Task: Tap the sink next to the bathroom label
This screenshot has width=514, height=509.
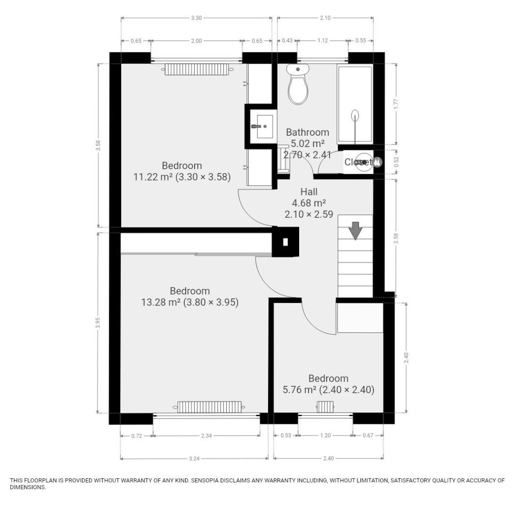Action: coord(265,126)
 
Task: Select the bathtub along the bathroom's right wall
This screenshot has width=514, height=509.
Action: coord(355,105)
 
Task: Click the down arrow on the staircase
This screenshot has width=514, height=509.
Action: coord(355,231)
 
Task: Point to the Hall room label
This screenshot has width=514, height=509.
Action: coord(309,192)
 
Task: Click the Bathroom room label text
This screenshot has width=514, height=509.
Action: coord(307,132)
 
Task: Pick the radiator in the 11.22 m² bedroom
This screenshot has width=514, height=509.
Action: coord(196,69)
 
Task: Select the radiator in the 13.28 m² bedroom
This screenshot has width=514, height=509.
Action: coord(210,406)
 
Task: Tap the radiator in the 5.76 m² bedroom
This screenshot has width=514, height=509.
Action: coord(325,406)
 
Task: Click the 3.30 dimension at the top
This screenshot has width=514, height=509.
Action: coord(196,18)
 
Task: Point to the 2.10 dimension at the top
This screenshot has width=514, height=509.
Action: coord(325,18)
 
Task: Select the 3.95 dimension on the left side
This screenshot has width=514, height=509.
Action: coord(98,322)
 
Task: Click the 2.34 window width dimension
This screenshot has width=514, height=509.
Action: coord(206,436)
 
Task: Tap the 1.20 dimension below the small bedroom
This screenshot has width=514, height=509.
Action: coord(325,436)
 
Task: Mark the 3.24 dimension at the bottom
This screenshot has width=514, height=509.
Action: coord(194,459)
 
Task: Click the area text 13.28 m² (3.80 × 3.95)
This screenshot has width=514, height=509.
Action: coord(190,302)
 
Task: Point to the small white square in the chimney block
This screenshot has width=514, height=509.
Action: coord(285,242)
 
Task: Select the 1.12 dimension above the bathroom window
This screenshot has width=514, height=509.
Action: coord(322,41)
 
